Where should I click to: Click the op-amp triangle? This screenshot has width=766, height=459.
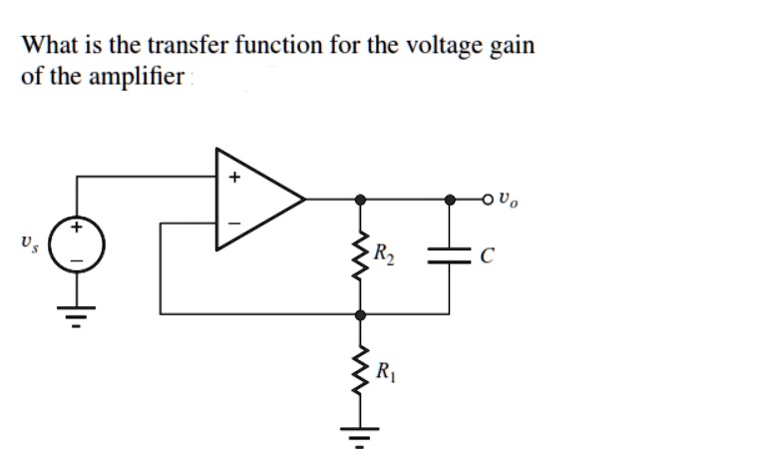coord(254,199)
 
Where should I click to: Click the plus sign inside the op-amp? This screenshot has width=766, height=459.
coord(235,179)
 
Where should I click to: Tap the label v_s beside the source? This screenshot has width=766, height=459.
coord(27,242)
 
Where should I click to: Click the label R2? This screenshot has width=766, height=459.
coord(385,254)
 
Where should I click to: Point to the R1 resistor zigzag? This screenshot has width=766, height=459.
coord(359,370)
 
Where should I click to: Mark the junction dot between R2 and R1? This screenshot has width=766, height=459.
coord(359,313)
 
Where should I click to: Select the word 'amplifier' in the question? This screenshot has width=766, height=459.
coord(131,77)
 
